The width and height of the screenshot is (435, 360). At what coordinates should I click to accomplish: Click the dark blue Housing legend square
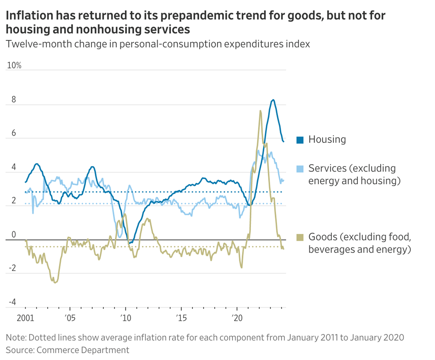click(300, 140)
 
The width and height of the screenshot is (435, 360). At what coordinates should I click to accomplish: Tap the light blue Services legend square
click(300, 168)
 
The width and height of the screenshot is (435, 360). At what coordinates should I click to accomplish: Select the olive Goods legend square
click(300, 237)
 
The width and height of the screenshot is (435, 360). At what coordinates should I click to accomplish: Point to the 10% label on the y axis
click(14, 66)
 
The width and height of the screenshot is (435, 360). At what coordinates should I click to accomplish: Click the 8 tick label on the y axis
click(13, 100)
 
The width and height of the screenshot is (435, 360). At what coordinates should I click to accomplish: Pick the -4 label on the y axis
click(12, 302)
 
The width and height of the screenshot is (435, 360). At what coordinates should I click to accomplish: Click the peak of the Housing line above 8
click(273, 100)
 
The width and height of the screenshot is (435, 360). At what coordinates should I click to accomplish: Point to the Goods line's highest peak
click(260, 111)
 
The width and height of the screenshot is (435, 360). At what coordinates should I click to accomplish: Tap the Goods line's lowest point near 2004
click(55, 282)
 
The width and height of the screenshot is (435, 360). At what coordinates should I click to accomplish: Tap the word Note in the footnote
click(15, 337)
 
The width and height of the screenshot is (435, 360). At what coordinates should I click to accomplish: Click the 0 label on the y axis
click(13, 235)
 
